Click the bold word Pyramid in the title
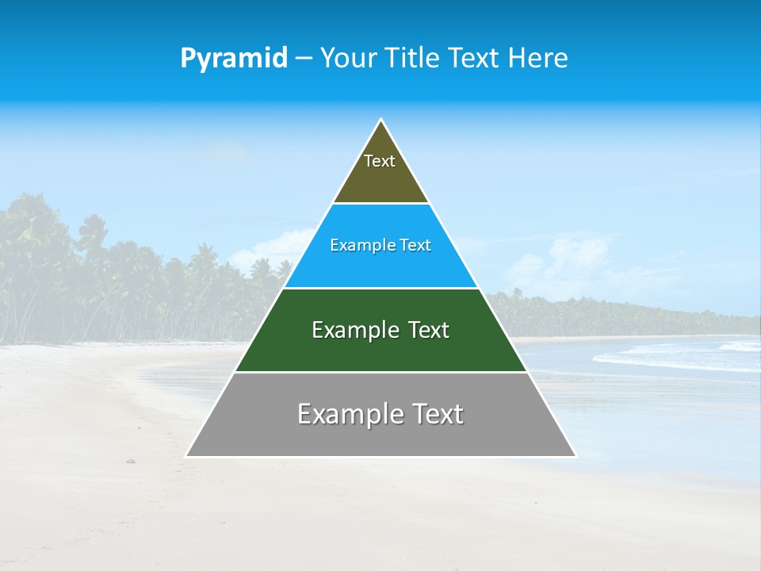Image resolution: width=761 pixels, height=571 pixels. click(x=234, y=58)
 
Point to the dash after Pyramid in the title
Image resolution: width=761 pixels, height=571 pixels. click(x=303, y=59)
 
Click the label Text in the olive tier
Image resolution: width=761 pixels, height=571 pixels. click(x=380, y=161)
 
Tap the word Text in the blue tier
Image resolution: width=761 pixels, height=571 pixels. click(x=415, y=245)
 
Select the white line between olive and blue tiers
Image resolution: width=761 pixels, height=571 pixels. click(x=380, y=203)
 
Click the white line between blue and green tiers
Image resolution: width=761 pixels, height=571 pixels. click(x=380, y=288)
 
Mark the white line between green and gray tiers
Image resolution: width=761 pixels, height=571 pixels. click(x=380, y=372)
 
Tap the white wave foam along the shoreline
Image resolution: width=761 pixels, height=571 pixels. click(x=674, y=361)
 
